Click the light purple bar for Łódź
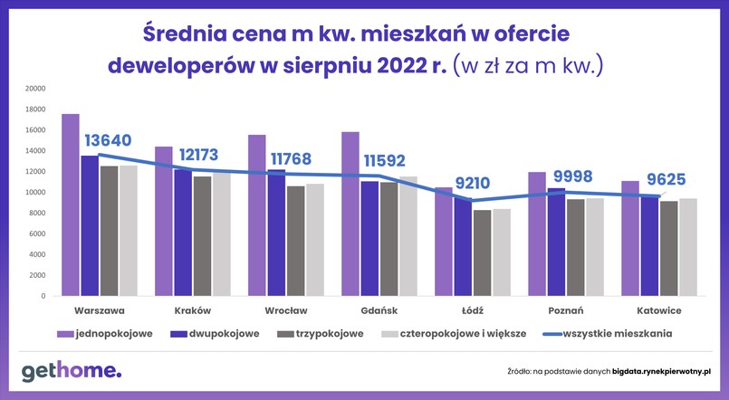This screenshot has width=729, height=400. pos(444,242)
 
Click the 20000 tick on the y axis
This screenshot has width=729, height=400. pos(35,89)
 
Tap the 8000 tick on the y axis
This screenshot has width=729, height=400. pos(38,213)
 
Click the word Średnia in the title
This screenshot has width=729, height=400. pos(189,34)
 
